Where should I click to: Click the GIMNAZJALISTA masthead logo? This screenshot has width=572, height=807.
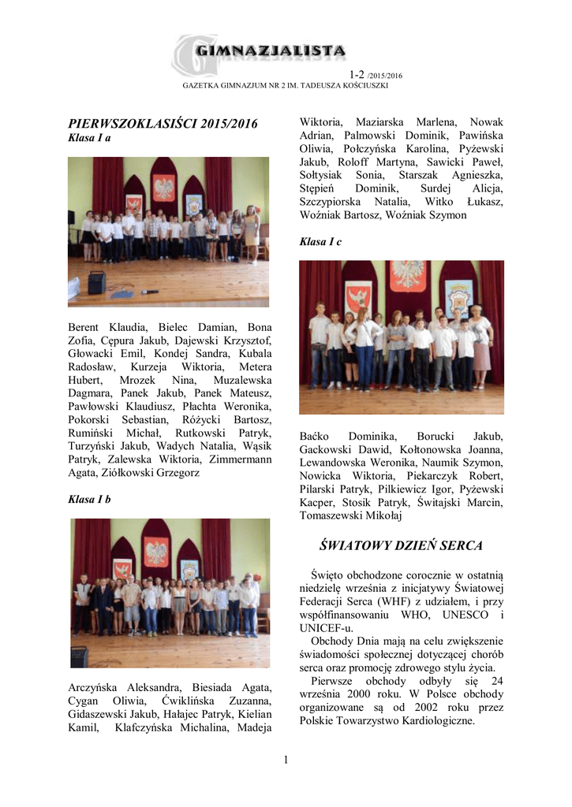tap(260, 52)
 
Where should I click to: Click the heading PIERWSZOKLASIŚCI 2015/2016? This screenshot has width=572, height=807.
tap(163, 124)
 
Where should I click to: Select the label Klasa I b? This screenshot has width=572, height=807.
tap(89, 500)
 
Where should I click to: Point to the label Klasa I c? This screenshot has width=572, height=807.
tap(320, 242)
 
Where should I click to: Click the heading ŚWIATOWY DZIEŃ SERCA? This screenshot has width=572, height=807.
tap(400, 545)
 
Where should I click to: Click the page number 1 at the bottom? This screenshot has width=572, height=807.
tap(286, 759)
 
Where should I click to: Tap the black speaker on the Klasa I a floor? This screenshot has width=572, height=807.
tap(96, 282)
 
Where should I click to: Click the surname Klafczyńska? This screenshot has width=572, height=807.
tap(153, 728)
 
